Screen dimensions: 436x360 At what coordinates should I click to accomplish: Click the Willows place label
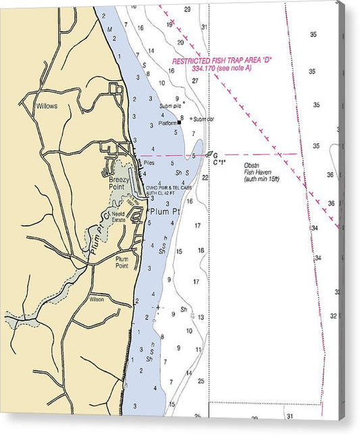click(47, 106)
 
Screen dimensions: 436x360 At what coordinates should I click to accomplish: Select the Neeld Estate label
click(119, 216)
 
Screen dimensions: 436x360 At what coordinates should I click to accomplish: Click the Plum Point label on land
click(122, 262)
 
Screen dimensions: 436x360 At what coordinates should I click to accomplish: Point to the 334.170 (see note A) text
click(222, 68)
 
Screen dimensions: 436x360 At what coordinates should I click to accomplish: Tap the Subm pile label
click(171, 106)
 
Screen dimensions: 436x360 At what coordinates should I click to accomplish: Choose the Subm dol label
click(202, 119)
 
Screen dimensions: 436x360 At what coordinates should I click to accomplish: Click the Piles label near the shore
click(149, 163)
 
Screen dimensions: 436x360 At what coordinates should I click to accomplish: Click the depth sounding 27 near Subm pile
click(195, 80)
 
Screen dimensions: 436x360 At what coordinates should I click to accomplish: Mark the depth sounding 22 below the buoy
click(205, 178)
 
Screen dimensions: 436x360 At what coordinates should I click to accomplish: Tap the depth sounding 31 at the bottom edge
click(290, 416)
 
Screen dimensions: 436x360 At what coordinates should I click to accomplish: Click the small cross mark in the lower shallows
click(158, 307)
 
